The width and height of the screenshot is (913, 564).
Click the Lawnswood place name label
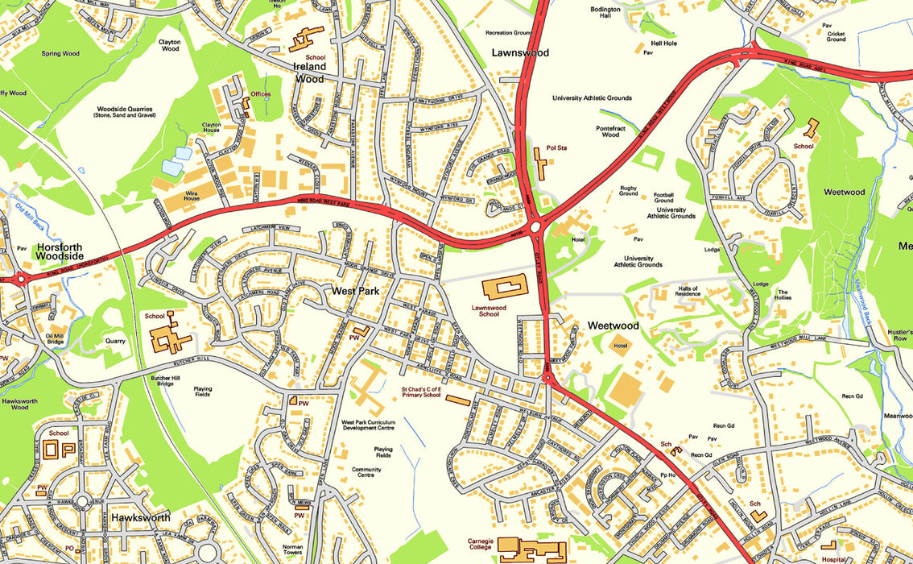[520, 52]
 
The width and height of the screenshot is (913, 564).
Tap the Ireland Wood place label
[310, 73]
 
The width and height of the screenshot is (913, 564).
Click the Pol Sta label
[556, 148]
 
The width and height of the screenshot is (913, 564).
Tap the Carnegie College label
[481, 545]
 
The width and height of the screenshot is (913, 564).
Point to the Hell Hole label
[664, 42]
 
